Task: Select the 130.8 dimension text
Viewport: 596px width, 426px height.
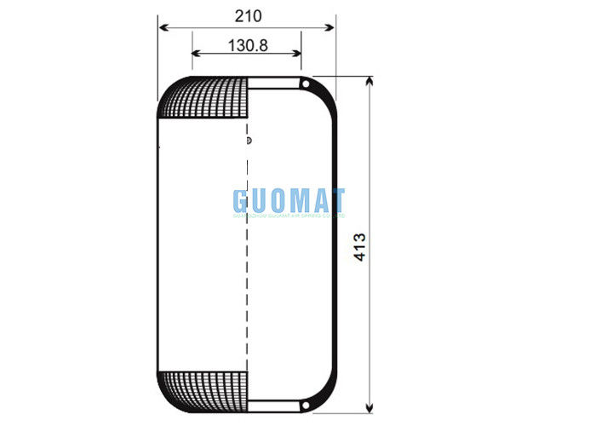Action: tap(247, 45)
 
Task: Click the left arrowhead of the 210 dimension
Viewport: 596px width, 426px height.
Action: tap(162, 27)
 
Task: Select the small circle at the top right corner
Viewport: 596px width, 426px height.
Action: tap(305, 83)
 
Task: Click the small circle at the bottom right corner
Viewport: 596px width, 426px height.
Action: tap(305, 404)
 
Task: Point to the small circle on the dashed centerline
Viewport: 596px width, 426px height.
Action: tap(248, 141)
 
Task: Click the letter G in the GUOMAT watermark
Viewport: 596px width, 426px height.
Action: tap(244, 201)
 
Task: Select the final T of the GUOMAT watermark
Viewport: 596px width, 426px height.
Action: tap(337, 201)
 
